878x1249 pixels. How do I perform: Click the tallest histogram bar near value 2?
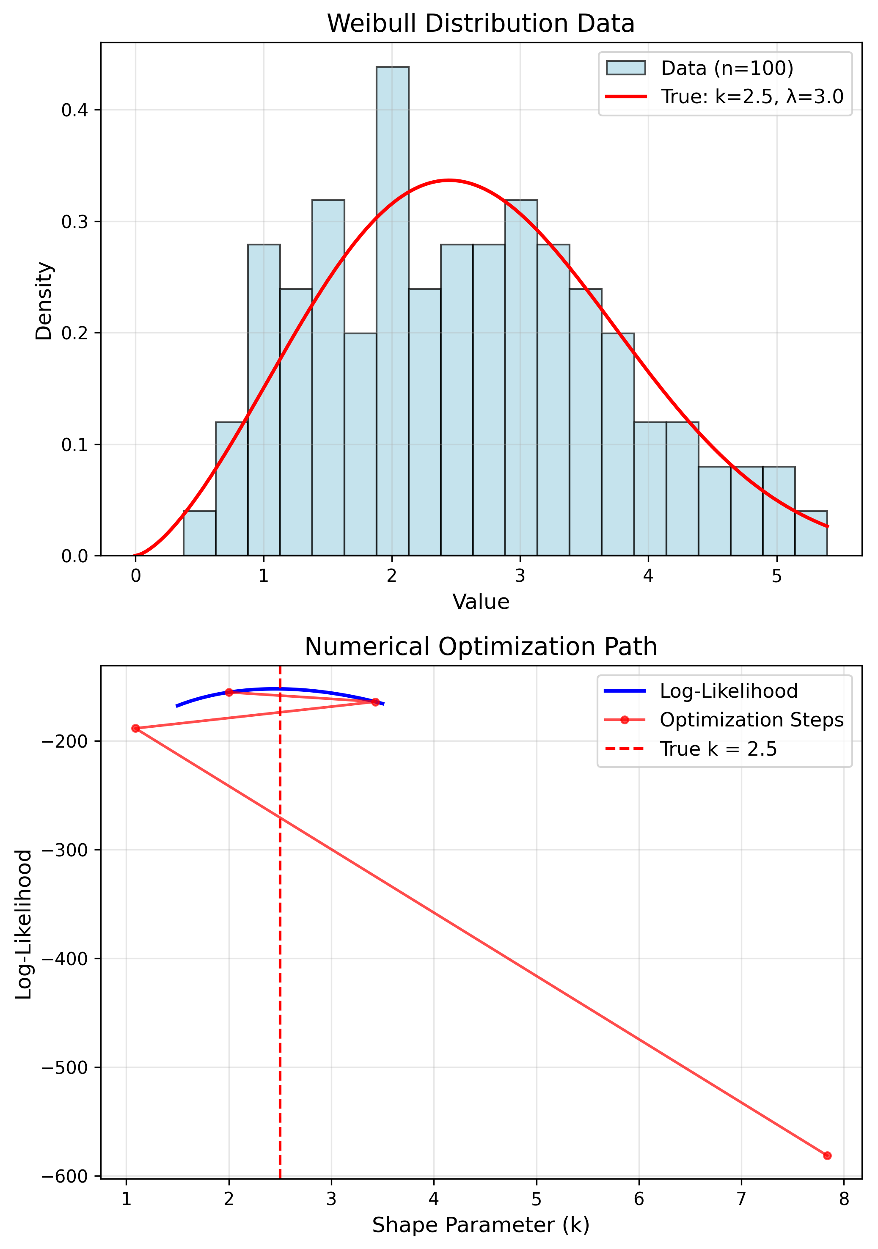tap(392, 310)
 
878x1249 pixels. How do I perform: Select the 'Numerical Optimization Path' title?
tap(480, 647)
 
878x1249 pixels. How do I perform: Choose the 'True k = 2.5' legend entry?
tap(718, 749)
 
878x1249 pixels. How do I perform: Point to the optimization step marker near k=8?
tap(827, 1155)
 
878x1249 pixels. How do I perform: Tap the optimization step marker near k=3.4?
tap(375, 702)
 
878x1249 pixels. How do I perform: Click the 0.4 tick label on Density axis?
tap(74, 110)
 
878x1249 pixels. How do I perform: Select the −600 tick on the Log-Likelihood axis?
tap(64, 1176)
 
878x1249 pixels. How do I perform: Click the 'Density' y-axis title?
tap(44, 301)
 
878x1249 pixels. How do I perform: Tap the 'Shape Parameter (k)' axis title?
tap(480, 1224)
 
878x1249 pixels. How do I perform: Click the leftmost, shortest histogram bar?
tap(199, 533)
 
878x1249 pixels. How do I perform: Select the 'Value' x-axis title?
tap(480, 602)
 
